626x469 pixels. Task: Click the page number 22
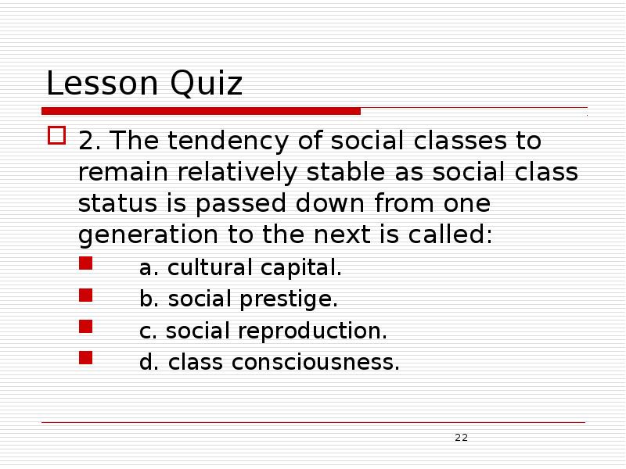click(x=461, y=437)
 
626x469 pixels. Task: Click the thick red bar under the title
click(x=201, y=111)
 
